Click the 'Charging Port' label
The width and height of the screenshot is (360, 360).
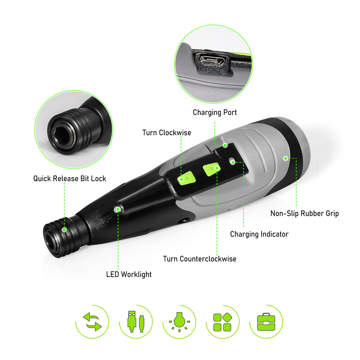pyautogui.click(x=215, y=112)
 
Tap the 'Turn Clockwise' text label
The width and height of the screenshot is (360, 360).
pyautogui.click(x=167, y=133)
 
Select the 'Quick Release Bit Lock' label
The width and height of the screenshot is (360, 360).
pyautogui.click(x=70, y=178)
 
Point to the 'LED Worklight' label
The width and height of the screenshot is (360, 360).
pyautogui.click(x=129, y=274)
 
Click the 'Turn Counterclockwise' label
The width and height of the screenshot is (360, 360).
pyautogui.click(x=200, y=259)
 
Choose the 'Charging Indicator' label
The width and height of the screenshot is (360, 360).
pyautogui.click(x=259, y=234)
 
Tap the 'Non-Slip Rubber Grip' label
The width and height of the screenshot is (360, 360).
pyautogui.click(x=304, y=213)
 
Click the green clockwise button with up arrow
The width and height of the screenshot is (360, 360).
pyautogui.click(x=186, y=178)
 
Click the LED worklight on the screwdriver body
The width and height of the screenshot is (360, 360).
pyautogui.click(x=117, y=209)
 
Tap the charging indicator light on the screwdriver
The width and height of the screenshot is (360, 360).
pyautogui.click(x=232, y=161)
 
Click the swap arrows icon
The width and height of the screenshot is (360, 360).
pyautogui.click(x=92, y=322)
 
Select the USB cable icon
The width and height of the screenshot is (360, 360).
pyautogui.click(x=136, y=322)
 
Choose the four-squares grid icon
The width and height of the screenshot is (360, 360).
pyautogui.click(x=223, y=322)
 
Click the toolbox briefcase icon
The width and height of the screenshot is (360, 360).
pyautogui.click(x=266, y=322)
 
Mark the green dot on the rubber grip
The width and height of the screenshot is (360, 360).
pyautogui.click(x=285, y=159)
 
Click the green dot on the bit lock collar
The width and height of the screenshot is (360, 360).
pyautogui.click(x=65, y=230)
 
